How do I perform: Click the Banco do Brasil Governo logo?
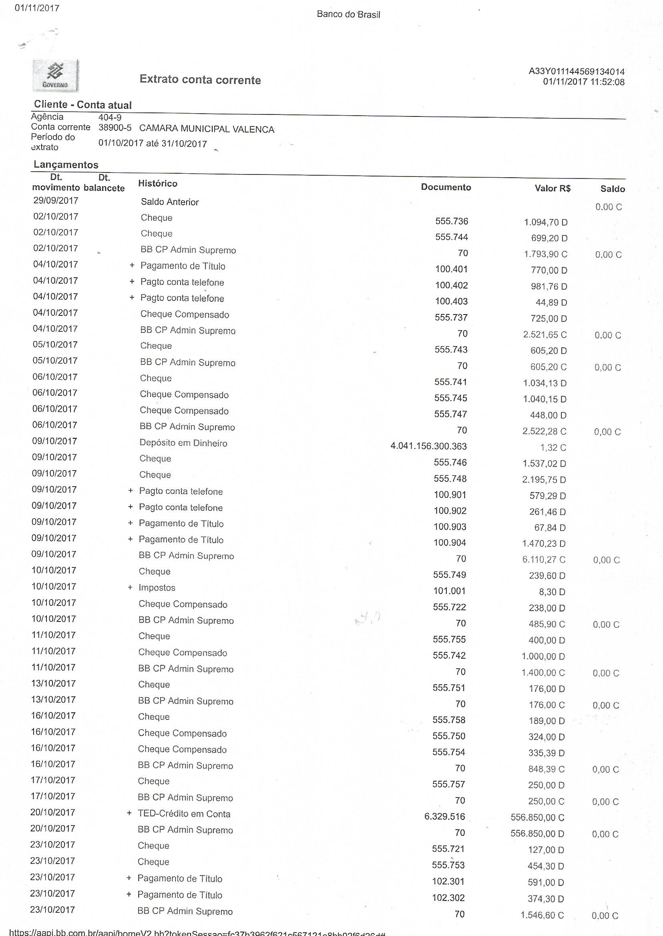pyautogui.click(x=56, y=76)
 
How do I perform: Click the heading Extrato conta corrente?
pyautogui.click(x=200, y=79)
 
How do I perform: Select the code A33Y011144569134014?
pyautogui.click(x=577, y=71)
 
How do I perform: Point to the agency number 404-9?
pyautogui.click(x=110, y=118)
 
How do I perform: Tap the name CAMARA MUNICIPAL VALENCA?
pyautogui.click(x=207, y=129)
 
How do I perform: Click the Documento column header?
pyautogui.click(x=446, y=187)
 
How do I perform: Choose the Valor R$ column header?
pyautogui.click(x=552, y=188)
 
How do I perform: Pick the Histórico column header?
pyautogui.click(x=158, y=184)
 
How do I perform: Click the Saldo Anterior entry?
pyautogui.click(x=170, y=202)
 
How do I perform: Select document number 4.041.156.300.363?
pyautogui.click(x=428, y=446)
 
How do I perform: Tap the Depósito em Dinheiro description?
pyautogui.click(x=183, y=443)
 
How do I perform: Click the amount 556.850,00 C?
pyautogui.click(x=537, y=817)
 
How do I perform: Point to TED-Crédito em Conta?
pyautogui.click(x=184, y=814)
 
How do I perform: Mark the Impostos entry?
pyautogui.click(x=157, y=588)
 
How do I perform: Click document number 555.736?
pyautogui.click(x=452, y=221)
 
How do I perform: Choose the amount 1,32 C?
pyautogui.click(x=553, y=448)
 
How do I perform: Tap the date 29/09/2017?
pyautogui.click(x=56, y=200)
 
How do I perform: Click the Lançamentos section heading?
pyautogui.click(x=66, y=165)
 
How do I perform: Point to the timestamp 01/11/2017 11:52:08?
pyautogui.click(x=583, y=82)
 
